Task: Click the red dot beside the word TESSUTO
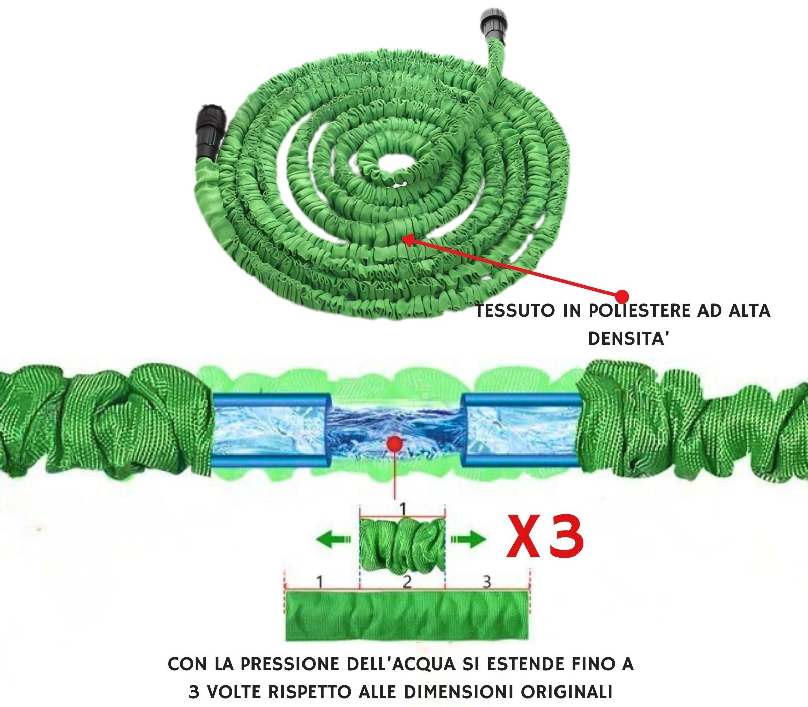[x=623, y=295]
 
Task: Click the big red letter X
[x=527, y=536]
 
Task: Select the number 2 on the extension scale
[x=407, y=582]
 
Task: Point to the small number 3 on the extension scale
[x=486, y=582]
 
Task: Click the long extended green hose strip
[x=407, y=616]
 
